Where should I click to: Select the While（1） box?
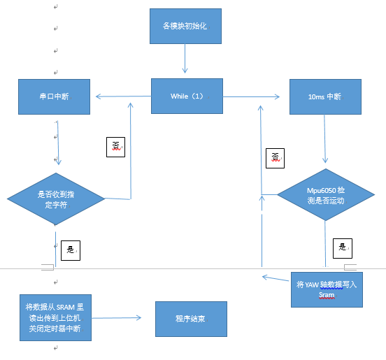coord(187,96)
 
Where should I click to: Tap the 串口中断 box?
coord(56,96)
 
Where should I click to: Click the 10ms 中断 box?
coord(325,96)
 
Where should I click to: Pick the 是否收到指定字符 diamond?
coord(56,199)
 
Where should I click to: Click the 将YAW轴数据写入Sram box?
coord(327,289)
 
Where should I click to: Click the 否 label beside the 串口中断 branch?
coord(115,145)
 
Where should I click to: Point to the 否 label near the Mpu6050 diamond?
coord(276,157)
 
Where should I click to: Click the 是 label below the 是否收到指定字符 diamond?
coord(70,249)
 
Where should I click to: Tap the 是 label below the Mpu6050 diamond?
coord(342,247)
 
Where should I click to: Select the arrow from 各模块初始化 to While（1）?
coord(185,61)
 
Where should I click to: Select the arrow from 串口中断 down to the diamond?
coord(58,143)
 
